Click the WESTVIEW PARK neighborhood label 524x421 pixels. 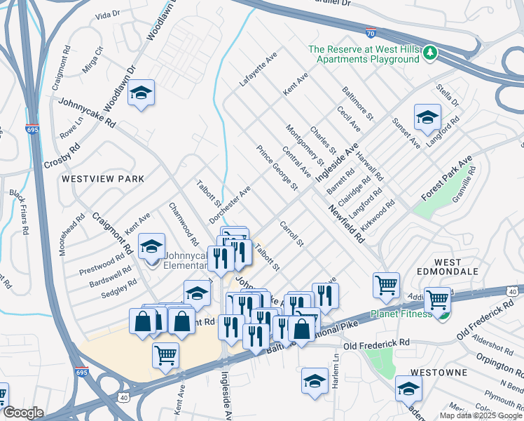tap(103, 179)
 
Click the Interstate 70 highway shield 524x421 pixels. tap(371, 32)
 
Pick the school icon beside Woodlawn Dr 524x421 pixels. tap(141, 95)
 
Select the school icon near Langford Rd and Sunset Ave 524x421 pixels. tap(427, 118)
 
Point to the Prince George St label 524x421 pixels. tap(277, 168)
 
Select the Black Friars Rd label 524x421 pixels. tap(19, 211)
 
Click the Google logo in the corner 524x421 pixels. tap(22, 413)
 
